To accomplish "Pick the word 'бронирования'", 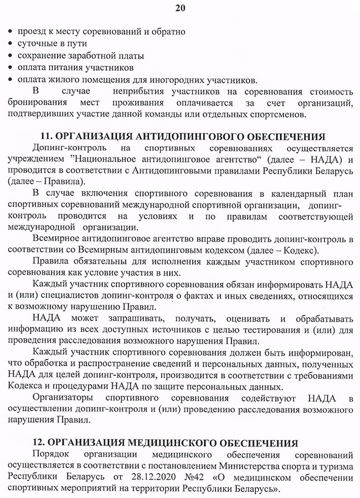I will click(x=37, y=103).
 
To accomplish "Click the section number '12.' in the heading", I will click(x=50, y=444).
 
